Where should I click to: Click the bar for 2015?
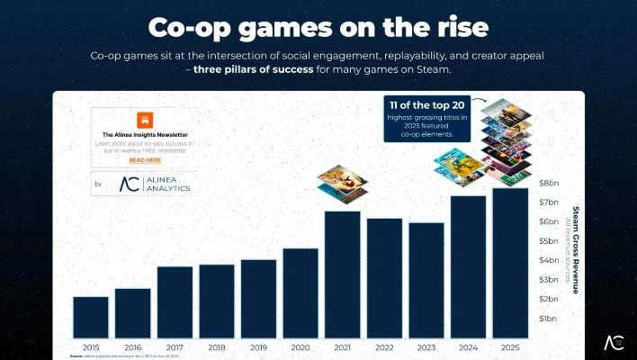91,317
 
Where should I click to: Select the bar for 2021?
342,274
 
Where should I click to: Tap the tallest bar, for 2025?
510,263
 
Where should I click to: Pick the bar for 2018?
217,301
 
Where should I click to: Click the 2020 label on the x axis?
301,346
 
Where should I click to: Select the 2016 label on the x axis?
132,346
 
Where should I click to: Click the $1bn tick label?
548,319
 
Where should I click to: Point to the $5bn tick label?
548,241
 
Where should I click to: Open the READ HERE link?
145,159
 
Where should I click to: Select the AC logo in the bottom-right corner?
614,343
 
